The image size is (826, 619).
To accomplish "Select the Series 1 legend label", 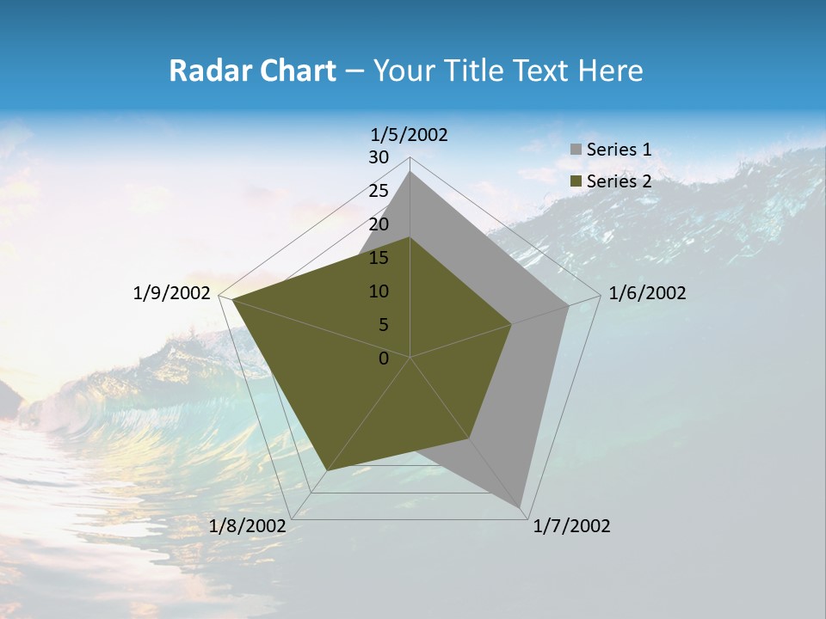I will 619,150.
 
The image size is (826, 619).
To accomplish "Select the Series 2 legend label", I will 619,181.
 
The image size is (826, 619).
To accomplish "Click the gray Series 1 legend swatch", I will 576,150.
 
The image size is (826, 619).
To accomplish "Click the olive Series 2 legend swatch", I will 576,181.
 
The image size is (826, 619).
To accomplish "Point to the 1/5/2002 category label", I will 410,134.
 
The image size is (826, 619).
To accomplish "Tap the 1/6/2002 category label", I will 647,293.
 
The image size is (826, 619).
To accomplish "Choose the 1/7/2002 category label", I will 571,526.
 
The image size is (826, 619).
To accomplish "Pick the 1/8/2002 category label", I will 247,526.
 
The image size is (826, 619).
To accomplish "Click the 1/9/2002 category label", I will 172,293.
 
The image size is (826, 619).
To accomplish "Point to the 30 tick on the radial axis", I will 379,157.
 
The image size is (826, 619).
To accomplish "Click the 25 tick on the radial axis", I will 379,191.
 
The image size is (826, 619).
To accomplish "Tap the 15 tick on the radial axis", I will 379,258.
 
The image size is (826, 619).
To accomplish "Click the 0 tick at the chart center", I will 384,359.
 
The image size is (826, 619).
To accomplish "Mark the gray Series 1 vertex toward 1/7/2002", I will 521,507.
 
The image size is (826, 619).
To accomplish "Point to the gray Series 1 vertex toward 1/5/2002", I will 410,172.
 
